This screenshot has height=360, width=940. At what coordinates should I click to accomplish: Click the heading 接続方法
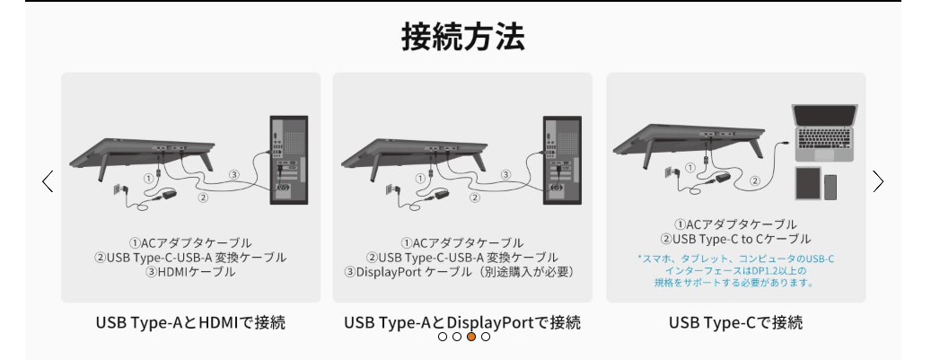pos(462,37)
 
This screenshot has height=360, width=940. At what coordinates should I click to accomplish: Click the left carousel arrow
pos(48,181)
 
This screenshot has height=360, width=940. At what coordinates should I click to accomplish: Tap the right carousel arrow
pos(878,181)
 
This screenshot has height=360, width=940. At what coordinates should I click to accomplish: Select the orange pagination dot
pos(471,337)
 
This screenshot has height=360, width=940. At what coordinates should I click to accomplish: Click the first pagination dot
pos(443,337)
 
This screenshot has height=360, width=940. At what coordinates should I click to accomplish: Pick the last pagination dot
pos(486,337)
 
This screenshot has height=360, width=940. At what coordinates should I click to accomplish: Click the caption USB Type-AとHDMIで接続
pos(190,321)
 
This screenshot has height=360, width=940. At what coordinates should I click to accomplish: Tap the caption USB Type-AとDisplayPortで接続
pos(462,321)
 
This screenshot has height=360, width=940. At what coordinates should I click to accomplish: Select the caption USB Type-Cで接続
pos(735,321)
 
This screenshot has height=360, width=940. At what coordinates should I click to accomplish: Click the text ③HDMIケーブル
pos(190,271)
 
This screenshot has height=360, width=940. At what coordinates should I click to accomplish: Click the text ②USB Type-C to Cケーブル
pos(735,239)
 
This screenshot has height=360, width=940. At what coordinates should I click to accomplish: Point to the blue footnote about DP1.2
pos(735,270)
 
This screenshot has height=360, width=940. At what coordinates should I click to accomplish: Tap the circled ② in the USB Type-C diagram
pos(755,180)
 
